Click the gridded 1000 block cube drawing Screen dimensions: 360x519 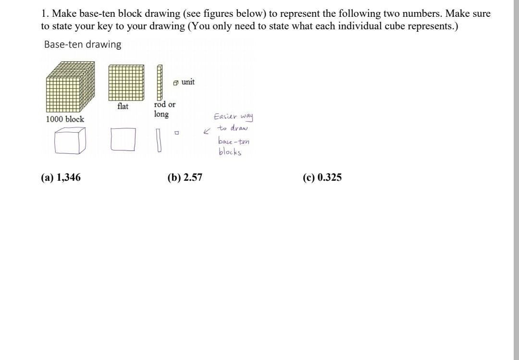(70, 87)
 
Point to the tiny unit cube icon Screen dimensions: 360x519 (176, 83)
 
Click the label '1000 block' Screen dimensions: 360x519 (65, 119)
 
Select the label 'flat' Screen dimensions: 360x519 (123, 106)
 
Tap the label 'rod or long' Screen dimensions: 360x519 (164, 109)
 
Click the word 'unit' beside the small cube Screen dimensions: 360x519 (188, 82)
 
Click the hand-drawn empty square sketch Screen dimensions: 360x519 (123, 140)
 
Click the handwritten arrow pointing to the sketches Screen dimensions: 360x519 (207, 131)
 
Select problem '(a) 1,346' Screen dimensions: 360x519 (61, 178)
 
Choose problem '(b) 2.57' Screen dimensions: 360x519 (185, 178)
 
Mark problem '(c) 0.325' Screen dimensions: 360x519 (322, 178)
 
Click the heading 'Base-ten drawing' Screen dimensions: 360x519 (83, 45)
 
